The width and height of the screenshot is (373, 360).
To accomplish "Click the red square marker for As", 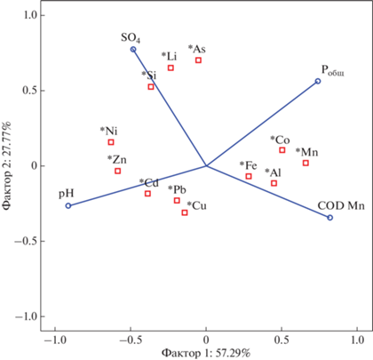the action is tap(198, 60).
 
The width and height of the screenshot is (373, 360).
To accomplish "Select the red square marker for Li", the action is tap(171, 68).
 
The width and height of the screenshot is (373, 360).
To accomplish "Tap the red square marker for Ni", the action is tap(111, 142).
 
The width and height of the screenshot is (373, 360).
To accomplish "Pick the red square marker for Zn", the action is tap(118, 171).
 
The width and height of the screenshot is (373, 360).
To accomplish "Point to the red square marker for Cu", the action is tap(185, 212).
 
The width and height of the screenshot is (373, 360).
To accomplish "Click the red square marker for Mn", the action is tap(306, 163).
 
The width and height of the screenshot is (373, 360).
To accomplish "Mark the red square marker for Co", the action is tap(282, 150).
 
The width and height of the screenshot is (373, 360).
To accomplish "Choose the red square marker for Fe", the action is tap(249, 176).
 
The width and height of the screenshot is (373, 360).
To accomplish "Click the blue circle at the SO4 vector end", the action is tap(133, 49).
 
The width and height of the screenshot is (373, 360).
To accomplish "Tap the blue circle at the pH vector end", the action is tap(68, 205).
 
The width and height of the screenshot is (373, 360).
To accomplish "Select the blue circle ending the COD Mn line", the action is tap(330, 218).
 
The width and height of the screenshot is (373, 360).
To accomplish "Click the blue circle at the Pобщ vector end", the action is tap(318, 81).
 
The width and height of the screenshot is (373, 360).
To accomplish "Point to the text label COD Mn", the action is tap(341, 205).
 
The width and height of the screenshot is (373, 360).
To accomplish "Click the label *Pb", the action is tap(177, 189).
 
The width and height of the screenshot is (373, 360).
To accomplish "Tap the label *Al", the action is tap(273, 172).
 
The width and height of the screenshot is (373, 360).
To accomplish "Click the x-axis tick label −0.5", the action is tap(131, 340).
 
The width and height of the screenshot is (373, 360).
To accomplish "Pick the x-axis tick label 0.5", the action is tap(282, 340).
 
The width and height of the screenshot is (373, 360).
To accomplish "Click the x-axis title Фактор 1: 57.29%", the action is tap(206, 354).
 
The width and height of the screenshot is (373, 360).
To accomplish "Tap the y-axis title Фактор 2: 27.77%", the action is tap(7, 165).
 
